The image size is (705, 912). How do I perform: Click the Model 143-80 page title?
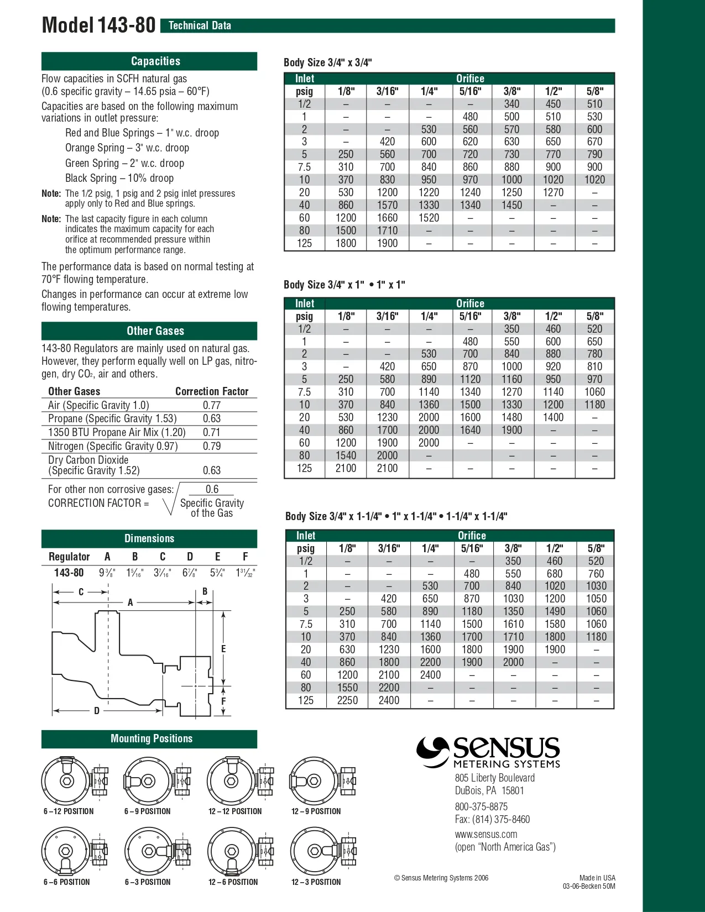98,25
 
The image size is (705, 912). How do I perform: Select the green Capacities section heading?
155,61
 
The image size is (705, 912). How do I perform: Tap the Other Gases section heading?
155,331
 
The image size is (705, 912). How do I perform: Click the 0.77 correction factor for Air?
211,405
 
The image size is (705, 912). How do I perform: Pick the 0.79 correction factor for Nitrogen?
211,446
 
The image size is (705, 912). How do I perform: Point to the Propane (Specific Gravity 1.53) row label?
112,418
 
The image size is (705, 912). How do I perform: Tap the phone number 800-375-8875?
481,806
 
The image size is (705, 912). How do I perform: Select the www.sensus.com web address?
486,834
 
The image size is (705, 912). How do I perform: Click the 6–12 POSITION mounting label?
69,811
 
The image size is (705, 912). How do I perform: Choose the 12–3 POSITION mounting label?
316,882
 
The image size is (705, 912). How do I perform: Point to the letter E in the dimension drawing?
223,649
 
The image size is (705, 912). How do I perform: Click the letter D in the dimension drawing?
97,711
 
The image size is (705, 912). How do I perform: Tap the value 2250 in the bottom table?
347,700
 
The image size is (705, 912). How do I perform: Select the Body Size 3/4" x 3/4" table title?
327,62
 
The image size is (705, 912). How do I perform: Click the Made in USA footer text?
597,878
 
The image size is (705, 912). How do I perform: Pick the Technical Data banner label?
200,25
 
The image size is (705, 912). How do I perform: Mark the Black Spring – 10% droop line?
119,178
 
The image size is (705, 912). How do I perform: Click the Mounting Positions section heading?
152,738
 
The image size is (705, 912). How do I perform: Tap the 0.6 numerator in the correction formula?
212,489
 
